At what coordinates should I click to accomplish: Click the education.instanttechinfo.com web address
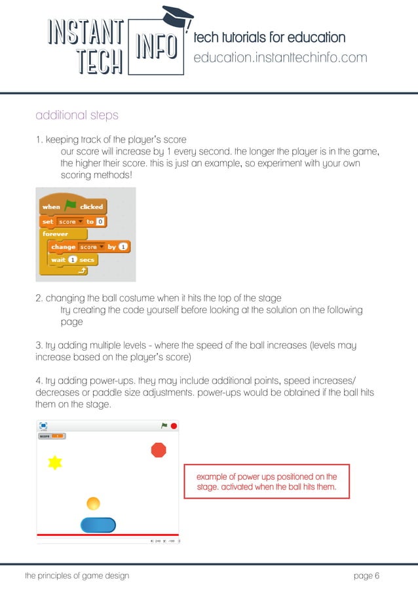click(280, 58)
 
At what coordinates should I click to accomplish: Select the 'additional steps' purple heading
click(77, 116)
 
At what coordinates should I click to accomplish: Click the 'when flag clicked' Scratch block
click(72, 206)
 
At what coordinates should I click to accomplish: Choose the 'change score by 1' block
click(90, 247)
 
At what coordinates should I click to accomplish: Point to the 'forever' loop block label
click(56, 233)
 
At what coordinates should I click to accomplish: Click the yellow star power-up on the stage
click(55, 463)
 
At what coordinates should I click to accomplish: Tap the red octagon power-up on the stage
click(159, 450)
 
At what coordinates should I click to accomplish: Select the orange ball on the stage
click(93, 503)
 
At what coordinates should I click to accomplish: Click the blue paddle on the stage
click(98, 525)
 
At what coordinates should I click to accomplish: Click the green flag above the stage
click(164, 426)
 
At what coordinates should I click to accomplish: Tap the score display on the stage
click(52, 436)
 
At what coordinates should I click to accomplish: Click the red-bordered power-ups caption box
click(267, 482)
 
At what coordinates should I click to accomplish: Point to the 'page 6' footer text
click(366, 576)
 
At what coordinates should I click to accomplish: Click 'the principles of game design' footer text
click(77, 576)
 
